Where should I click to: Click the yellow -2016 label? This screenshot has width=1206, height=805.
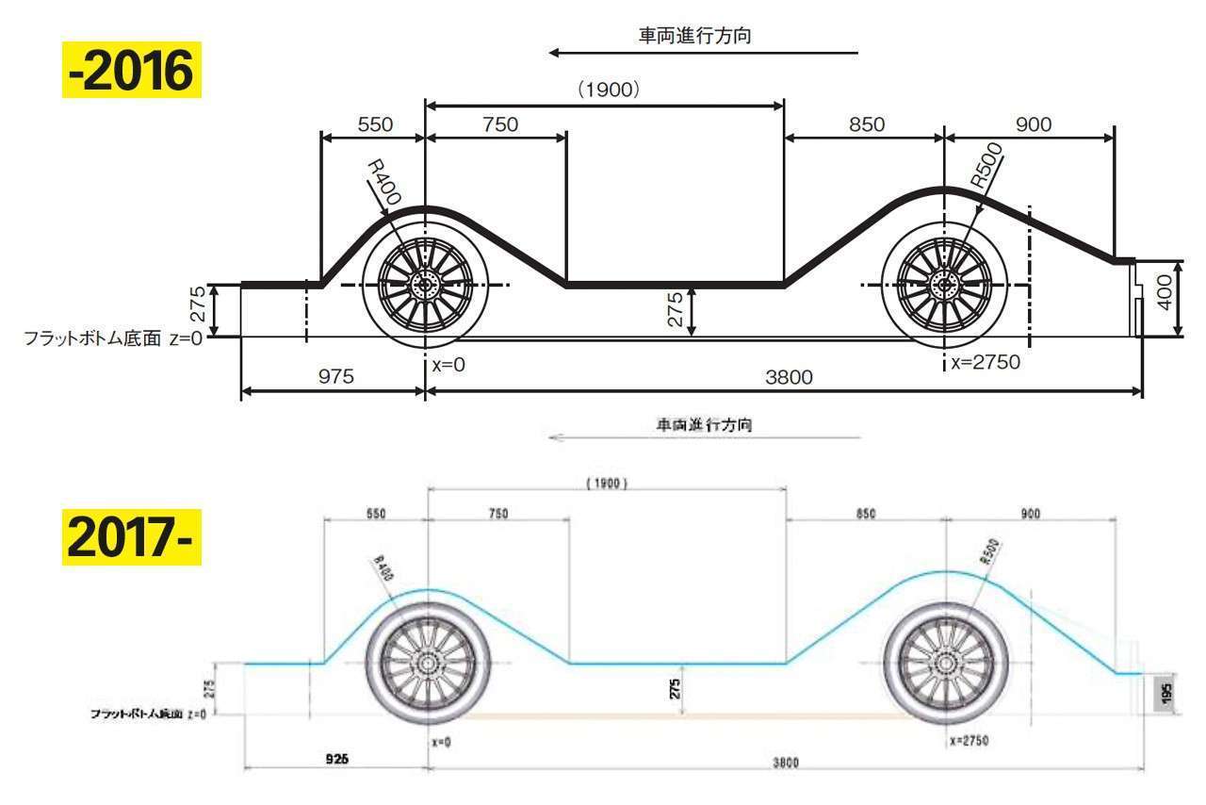click(x=131, y=72)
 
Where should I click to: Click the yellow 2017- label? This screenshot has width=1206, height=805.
click(x=131, y=535)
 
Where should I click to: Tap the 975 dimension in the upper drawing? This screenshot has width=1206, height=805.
click(x=335, y=377)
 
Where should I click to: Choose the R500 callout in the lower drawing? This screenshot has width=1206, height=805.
click(x=989, y=550)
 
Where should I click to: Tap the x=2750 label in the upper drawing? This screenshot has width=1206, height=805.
click(x=985, y=362)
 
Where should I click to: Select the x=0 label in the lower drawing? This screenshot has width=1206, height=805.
click(x=441, y=742)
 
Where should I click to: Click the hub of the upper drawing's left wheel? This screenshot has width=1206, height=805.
click(x=425, y=284)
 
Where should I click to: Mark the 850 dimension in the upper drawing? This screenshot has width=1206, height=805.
click(x=866, y=124)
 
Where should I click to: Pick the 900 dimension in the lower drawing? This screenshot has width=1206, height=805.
click(x=1033, y=514)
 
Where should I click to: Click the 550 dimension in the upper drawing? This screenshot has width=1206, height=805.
click(x=375, y=124)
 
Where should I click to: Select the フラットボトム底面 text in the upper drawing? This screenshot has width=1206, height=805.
click(x=90, y=338)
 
